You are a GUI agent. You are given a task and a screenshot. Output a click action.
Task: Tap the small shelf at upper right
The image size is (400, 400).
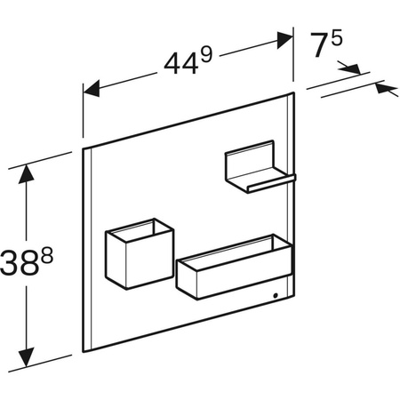(256, 170)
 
